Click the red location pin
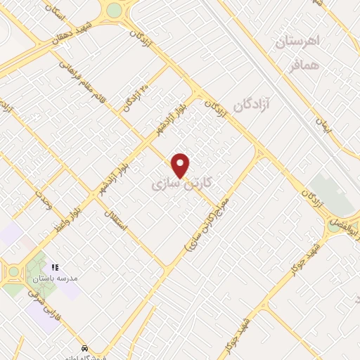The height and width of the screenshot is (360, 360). [181, 165]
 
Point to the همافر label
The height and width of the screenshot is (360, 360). [304, 67]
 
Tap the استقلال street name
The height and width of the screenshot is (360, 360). [114, 221]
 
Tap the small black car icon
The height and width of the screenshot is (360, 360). [84, 348]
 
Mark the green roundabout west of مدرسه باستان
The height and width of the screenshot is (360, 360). [13, 271]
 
